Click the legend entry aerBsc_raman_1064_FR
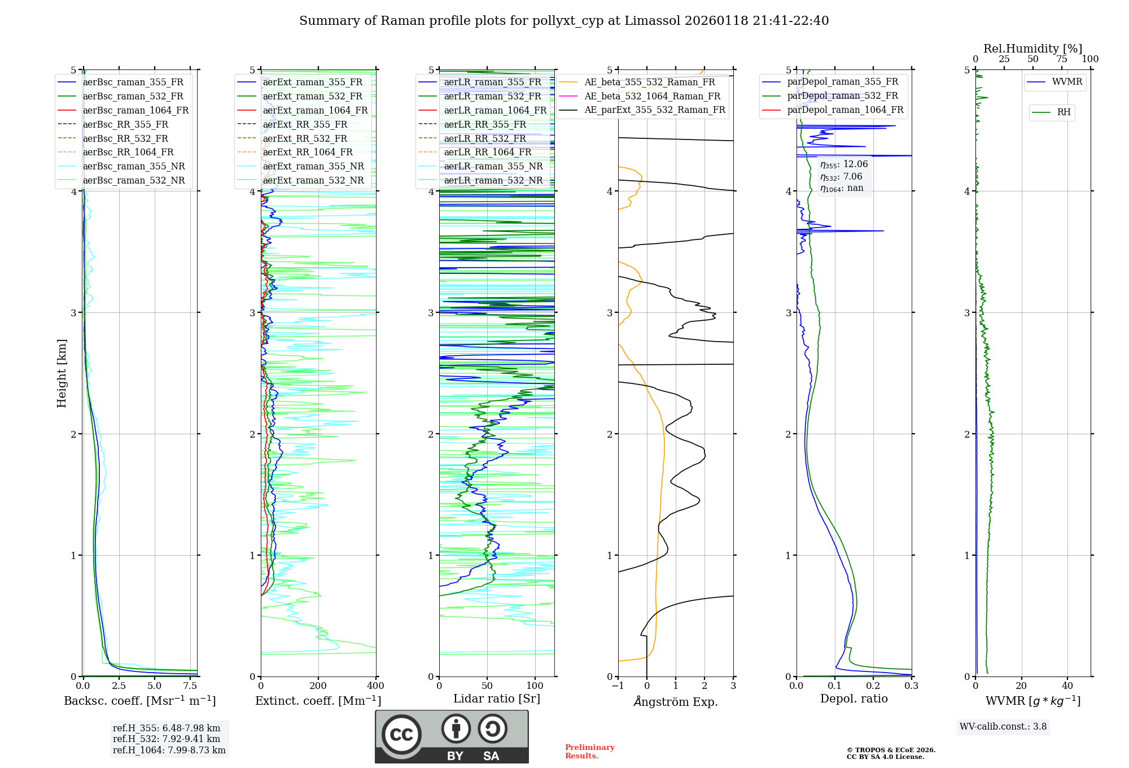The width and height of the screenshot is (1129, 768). pyautogui.click(x=135, y=110)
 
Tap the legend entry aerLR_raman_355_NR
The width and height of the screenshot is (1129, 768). pyautogui.click(x=493, y=166)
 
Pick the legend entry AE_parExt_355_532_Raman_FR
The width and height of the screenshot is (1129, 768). pyautogui.click(x=655, y=110)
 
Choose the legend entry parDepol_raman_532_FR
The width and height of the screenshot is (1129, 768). pyautogui.click(x=842, y=95)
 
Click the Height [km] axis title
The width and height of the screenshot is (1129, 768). pyautogui.click(x=62, y=373)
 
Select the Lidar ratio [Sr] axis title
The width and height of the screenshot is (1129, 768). pyautogui.click(x=497, y=699)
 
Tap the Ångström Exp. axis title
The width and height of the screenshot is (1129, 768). pyautogui.click(x=676, y=701)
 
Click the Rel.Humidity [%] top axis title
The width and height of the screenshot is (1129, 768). pyautogui.click(x=1032, y=49)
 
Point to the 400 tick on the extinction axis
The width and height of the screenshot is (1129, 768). pyautogui.click(x=375, y=686)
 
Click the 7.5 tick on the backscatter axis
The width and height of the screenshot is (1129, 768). pyautogui.click(x=190, y=686)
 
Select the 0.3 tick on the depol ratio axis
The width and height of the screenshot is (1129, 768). pyautogui.click(x=911, y=686)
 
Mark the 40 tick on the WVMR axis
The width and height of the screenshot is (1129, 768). pyautogui.click(x=1067, y=686)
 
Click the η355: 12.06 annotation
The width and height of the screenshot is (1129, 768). pyautogui.click(x=844, y=164)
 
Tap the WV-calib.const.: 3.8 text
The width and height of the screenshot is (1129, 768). pyautogui.click(x=1003, y=726)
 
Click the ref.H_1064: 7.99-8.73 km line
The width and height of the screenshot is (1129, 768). pyautogui.click(x=169, y=750)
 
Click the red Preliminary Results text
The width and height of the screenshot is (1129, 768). pyautogui.click(x=589, y=752)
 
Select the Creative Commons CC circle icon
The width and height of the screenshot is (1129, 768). pyautogui.click(x=401, y=735)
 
